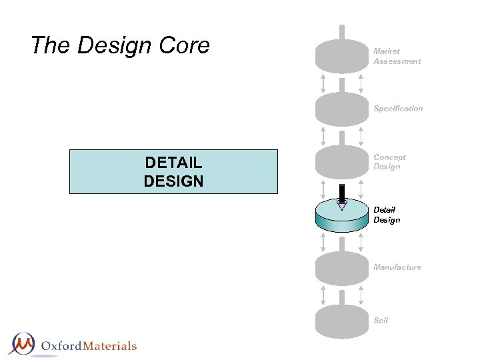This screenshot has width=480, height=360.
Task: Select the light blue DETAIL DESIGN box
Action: click(x=173, y=171)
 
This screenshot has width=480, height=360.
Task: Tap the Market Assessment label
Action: click(x=397, y=56)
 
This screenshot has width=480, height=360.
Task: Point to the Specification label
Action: click(x=398, y=109)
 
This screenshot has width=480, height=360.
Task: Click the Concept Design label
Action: click(x=389, y=162)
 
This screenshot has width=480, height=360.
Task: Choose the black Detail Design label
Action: click(x=387, y=215)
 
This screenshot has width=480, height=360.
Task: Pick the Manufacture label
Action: click(x=397, y=267)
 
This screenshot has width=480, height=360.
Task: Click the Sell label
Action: click(x=381, y=321)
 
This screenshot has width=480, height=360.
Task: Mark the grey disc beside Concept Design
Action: click(x=341, y=162)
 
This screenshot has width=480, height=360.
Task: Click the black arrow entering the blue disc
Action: click(x=342, y=195)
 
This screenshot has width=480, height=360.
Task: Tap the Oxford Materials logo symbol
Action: click(x=21, y=344)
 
